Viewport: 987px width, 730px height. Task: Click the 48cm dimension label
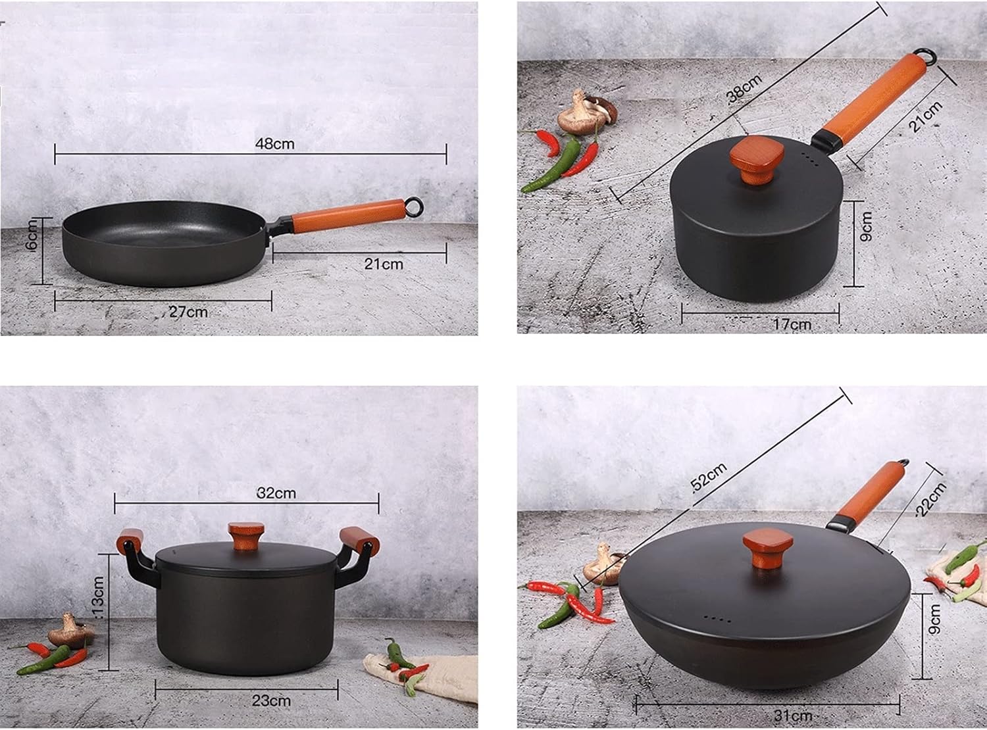pyautogui.click(x=274, y=143)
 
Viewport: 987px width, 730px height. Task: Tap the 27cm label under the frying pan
pyautogui.click(x=189, y=312)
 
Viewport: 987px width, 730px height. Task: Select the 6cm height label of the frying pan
pyautogui.click(x=34, y=240)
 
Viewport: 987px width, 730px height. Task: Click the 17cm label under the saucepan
pyautogui.click(x=792, y=324)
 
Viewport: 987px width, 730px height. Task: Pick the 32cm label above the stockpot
pyautogui.click(x=276, y=493)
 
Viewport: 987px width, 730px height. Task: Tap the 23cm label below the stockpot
pyautogui.click(x=271, y=700)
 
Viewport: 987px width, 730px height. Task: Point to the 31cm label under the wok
pyautogui.click(x=792, y=716)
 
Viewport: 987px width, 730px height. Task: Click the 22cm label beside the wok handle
pyautogui.click(x=931, y=499)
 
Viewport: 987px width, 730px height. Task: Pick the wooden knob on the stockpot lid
pyautogui.click(x=246, y=536)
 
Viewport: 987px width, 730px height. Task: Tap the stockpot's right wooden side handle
pyautogui.click(x=359, y=539)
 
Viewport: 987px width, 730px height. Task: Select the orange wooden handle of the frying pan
pyautogui.click(x=347, y=215)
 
